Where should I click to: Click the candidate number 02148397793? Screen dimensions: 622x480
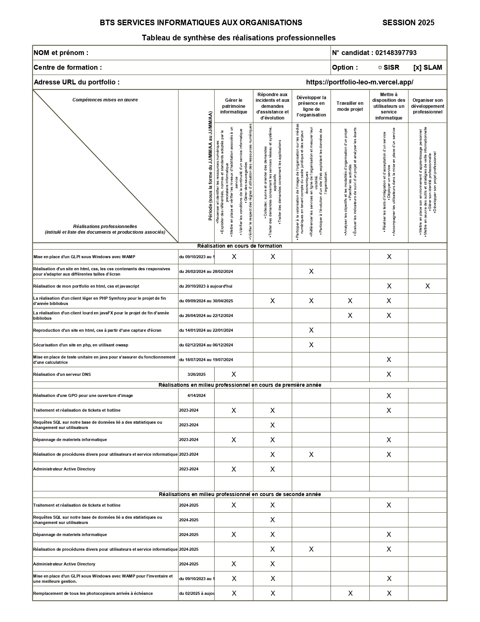pos(396,53)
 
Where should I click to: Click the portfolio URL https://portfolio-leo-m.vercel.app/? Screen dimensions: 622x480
pos(360,82)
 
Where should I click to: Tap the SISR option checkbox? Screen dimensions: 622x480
pos(380,67)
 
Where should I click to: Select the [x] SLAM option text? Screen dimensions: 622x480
pos(428,67)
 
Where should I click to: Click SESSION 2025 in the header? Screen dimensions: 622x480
pos(408,23)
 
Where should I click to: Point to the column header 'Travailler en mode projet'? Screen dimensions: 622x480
pos(350,106)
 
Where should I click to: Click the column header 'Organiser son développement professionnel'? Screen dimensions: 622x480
pos(427,106)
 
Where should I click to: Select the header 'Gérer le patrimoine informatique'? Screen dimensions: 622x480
pos(234,106)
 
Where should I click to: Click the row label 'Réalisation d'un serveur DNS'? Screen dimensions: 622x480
pos(62,374)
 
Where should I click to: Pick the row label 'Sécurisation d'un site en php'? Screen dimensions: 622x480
pos(81,345)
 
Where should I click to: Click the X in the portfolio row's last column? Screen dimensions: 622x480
pos(427,286)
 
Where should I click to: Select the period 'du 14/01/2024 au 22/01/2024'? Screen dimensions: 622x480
pos(206,330)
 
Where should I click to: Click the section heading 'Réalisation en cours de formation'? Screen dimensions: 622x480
pos(239,246)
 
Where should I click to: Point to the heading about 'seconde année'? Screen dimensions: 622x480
pos(239,494)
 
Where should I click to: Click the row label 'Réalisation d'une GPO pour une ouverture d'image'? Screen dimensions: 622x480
pos(83,395)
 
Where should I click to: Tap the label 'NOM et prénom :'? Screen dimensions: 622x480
pos(61,53)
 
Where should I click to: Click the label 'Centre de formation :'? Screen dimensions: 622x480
pos(68,67)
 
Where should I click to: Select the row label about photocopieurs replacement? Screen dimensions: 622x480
pos(93,593)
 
